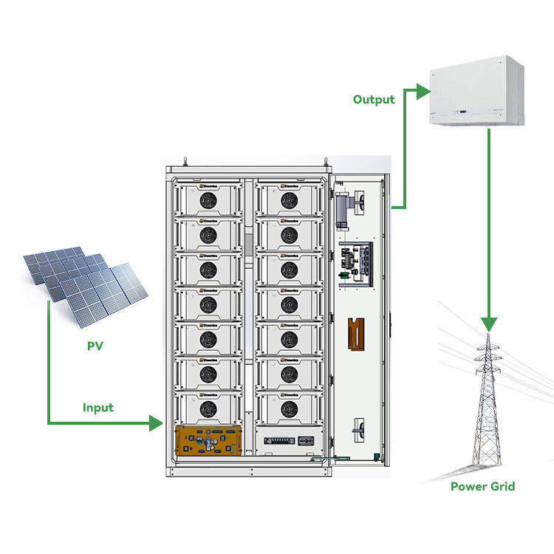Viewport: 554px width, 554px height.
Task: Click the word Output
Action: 373,99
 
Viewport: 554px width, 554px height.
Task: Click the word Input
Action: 98,407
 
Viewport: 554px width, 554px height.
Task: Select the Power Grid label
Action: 482,486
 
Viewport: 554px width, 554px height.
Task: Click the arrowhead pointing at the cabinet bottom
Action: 155,423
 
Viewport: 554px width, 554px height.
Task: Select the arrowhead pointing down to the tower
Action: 488,323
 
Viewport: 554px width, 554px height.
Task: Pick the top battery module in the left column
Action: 208,199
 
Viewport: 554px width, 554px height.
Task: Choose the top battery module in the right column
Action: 289,199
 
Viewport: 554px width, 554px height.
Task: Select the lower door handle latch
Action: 358,428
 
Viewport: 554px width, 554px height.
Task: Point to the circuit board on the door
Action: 356,261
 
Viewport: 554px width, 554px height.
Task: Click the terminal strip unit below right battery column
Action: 289,440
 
